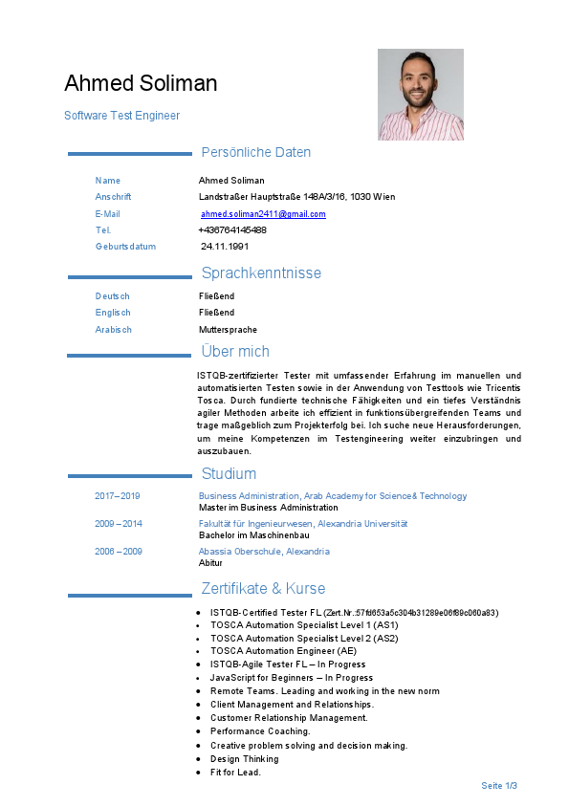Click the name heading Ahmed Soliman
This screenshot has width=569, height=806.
pyautogui.click(x=141, y=83)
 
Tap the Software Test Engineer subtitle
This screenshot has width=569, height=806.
pyautogui.click(x=121, y=116)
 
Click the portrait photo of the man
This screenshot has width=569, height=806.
pyautogui.click(x=420, y=95)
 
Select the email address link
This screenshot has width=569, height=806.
pyautogui.click(x=263, y=214)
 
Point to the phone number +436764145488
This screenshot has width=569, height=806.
pyautogui.click(x=232, y=230)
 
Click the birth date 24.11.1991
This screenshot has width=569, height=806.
pyautogui.click(x=224, y=247)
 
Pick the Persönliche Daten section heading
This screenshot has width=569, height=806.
pyautogui.click(x=255, y=152)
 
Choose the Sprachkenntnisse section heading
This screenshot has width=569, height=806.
pyautogui.click(x=261, y=273)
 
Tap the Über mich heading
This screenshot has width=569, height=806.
pyautogui.click(x=235, y=351)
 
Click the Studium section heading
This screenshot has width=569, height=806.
pyautogui.click(x=229, y=473)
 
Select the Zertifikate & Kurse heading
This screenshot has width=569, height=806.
pyautogui.click(x=263, y=588)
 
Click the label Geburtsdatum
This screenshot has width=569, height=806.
pyautogui.click(x=125, y=247)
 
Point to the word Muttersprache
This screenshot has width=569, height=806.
pyautogui.click(x=228, y=330)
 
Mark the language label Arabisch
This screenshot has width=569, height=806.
pyautogui.click(x=114, y=330)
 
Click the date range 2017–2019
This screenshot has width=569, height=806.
pyautogui.click(x=118, y=496)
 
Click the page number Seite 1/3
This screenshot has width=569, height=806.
pyautogui.click(x=499, y=786)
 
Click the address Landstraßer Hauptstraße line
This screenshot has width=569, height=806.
pyautogui.click(x=296, y=197)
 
